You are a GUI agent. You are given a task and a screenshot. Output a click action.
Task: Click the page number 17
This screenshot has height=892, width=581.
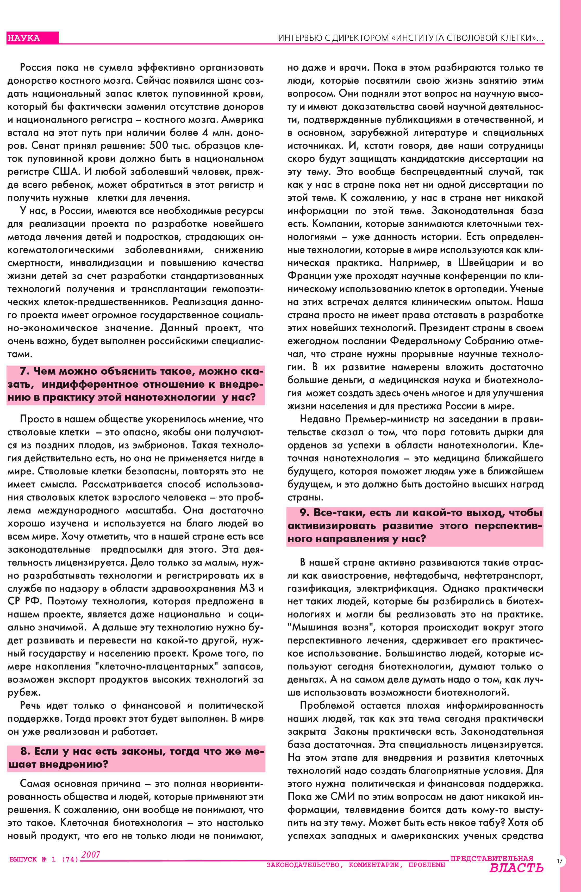(560, 861)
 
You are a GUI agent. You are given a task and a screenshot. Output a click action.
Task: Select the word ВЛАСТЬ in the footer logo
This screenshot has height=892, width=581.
(516, 868)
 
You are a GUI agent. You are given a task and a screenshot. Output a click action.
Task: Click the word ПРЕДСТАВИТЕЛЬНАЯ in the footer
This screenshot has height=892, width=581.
(491, 859)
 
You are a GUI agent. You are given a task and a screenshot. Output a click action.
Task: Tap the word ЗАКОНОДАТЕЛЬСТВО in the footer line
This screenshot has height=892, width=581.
(303, 865)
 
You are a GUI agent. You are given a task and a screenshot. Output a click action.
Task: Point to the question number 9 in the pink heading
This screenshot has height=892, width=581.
(304, 512)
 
